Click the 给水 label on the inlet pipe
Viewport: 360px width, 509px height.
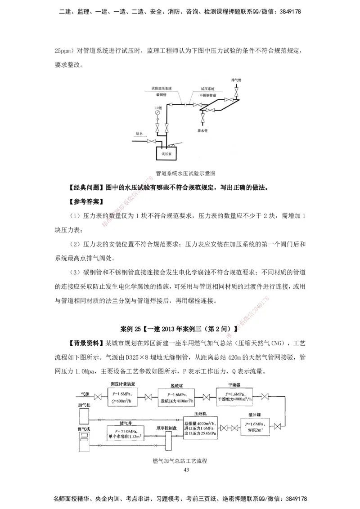(x=139, y=134)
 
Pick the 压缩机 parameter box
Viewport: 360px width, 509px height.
(x=200, y=430)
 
